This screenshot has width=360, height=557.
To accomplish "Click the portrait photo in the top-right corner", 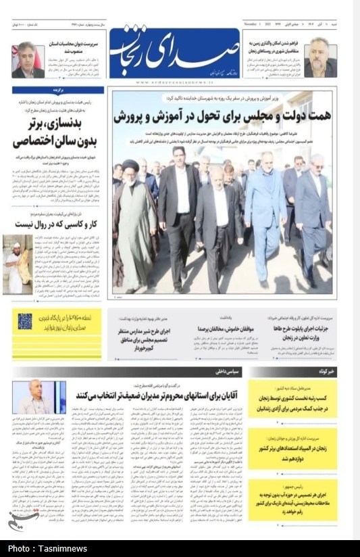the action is point(319,58).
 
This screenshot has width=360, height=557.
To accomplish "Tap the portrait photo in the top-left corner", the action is point(28,59).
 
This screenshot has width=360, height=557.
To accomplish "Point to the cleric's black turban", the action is point(130,166).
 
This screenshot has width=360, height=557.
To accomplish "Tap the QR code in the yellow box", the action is point(25,322).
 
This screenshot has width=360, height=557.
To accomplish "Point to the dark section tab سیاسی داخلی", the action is point(226,372).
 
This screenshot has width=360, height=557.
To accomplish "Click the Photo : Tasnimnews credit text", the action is point(47,548).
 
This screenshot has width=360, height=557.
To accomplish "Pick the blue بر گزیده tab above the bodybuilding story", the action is point(59,90).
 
